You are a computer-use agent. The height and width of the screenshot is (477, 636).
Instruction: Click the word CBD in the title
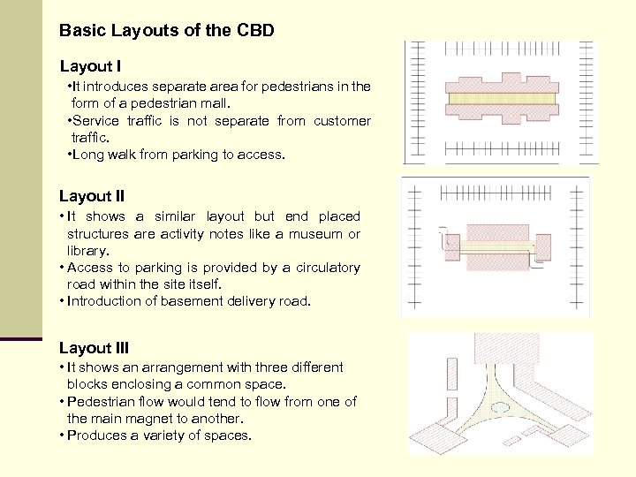tap(256, 30)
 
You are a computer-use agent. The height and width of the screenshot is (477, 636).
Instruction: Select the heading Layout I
tap(90, 66)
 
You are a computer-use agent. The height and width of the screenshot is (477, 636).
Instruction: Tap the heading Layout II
tap(92, 196)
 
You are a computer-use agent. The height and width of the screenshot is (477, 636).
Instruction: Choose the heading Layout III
tap(95, 348)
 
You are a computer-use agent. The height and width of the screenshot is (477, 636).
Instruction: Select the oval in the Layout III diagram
tap(500, 409)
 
